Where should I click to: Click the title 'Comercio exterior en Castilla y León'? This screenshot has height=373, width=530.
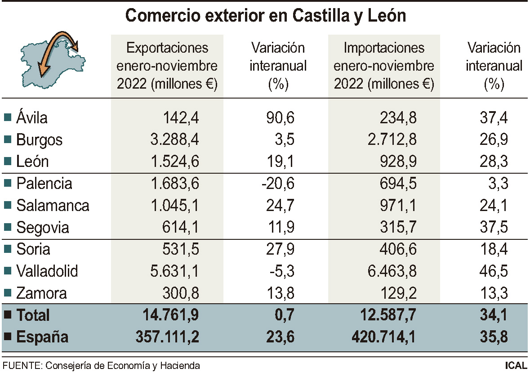point(265,16)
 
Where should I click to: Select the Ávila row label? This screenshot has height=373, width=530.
point(31,118)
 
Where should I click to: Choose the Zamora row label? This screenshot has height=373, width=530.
point(41,293)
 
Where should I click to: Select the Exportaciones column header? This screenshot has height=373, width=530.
point(167,66)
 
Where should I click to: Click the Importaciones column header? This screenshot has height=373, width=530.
point(384,66)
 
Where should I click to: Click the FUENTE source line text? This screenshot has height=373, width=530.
point(101,365)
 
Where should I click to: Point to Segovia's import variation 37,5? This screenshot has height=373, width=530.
point(494,228)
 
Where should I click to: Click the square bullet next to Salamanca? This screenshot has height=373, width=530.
point(7,206)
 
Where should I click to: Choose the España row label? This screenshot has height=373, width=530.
point(42,337)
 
